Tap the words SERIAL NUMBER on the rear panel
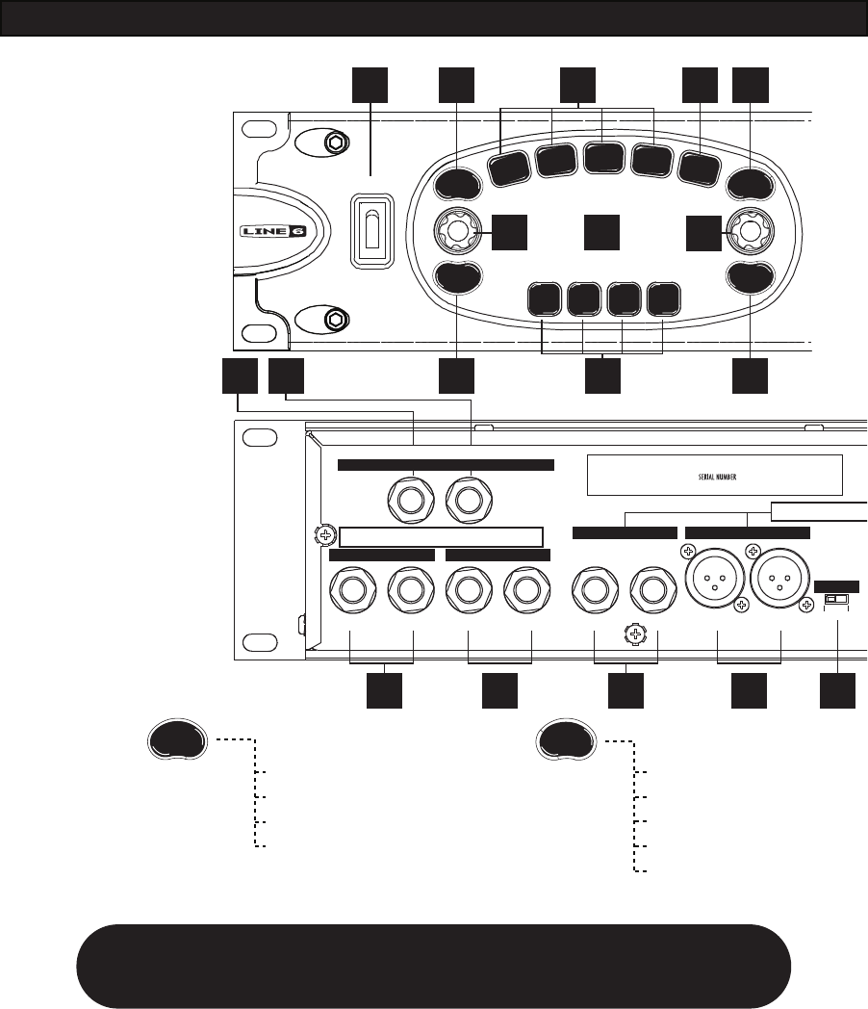pos(714,475)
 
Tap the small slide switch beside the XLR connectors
pos(836,600)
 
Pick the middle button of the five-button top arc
pos(602,160)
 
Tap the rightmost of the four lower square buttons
pos(663,301)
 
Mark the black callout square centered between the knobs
pos(602,232)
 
